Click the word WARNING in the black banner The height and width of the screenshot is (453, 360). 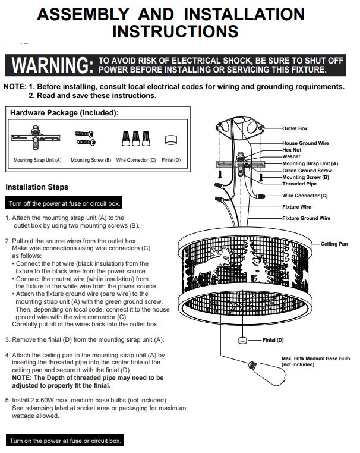coord(52,65)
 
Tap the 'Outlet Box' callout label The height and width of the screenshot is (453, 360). coord(295,128)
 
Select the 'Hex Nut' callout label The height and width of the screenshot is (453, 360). coord(292,150)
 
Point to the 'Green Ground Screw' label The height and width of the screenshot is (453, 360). coord(307,171)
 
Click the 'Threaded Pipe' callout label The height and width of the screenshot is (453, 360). coord(299,184)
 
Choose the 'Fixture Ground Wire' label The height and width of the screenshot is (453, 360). coord(307,218)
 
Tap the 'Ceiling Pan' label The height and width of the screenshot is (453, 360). coord(334,244)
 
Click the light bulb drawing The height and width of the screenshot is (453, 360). coord(267,373)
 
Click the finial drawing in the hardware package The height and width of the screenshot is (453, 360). coord(171,140)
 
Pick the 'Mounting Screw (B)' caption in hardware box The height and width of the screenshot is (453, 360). coord(91,160)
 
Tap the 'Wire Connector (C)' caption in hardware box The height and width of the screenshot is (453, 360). coord(136,160)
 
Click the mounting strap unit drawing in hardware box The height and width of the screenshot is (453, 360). coord(36,137)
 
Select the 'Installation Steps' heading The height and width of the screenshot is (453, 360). coord(37,187)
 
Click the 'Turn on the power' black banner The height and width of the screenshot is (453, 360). coord(65,441)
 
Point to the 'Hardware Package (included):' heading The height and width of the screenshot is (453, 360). coord(64,113)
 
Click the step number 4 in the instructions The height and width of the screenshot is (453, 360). coord(7,355)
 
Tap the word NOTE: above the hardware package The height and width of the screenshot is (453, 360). coord(15,87)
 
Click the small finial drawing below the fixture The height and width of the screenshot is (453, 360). coord(242,340)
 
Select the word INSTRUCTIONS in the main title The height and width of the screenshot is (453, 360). coord(175,32)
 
